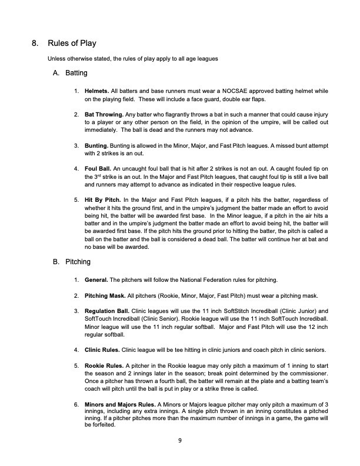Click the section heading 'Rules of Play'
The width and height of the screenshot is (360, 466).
point(71,44)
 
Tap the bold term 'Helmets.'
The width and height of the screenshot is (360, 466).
point(96,92)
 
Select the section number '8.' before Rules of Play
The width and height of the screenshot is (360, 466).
point(35,44)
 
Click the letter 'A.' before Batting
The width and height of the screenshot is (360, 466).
point(56,74)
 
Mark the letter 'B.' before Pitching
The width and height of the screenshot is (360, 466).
point(56,261)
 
